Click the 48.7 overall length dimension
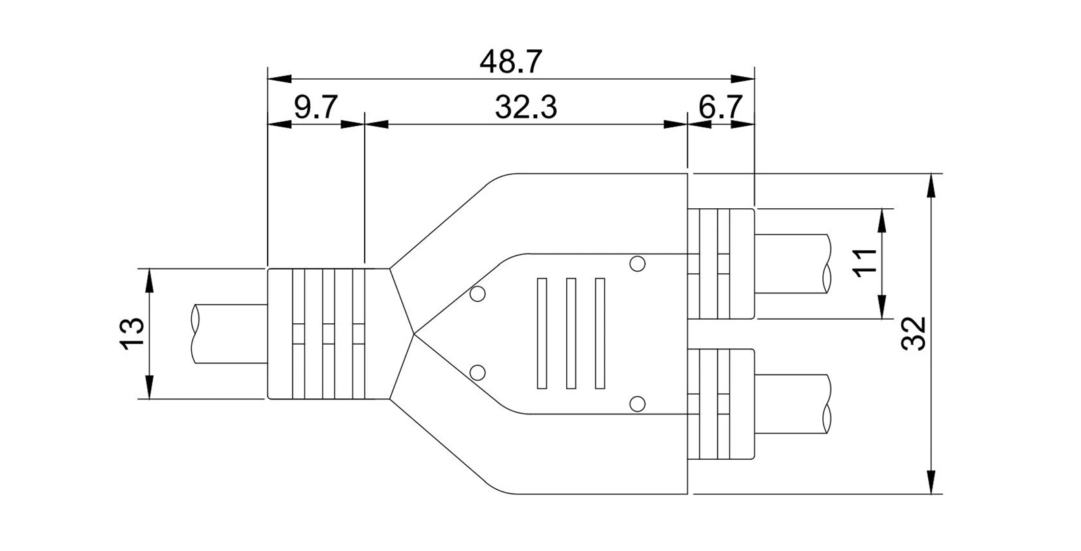click(x=511, y=62)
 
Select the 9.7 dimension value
click(x=316, y=107)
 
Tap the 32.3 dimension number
click(x=526, y=107)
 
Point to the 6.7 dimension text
click(x=720, y=107)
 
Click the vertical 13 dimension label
click(x=132, y=333)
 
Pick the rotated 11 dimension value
click(x=864, y=263)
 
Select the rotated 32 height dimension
click(x=913, y=333)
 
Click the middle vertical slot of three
click(x=571, y=333)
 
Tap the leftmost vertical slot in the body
click(x=542, y=333)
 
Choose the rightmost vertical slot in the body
click(x=600, y=333)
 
